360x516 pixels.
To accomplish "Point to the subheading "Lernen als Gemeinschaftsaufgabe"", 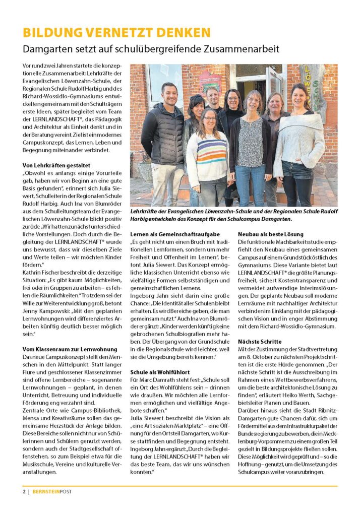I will tap(175, 234).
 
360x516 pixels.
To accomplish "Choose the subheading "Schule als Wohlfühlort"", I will tap(162, 371).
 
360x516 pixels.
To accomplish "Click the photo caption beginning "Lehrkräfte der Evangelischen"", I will tap(232, 215).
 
